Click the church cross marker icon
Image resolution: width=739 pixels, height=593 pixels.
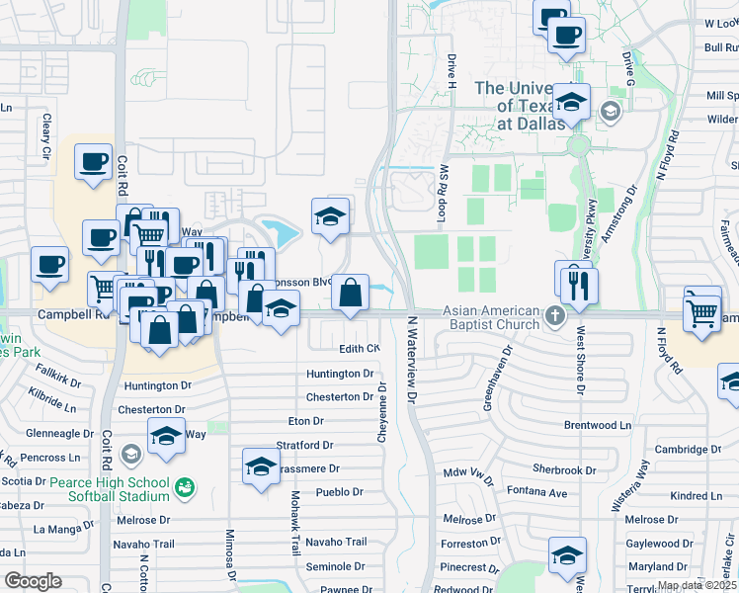555,317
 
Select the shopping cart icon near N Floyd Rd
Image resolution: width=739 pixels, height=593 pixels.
702,313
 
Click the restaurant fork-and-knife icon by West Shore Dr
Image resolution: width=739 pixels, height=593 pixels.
578,286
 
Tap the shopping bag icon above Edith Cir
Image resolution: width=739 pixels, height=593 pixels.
350,293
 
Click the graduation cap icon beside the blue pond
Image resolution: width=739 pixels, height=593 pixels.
330,215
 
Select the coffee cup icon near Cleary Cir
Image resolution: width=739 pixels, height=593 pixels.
94,160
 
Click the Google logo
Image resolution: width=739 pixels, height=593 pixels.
33,581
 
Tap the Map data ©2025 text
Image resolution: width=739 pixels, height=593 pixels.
696,585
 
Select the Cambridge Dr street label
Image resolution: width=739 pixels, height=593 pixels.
687,450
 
